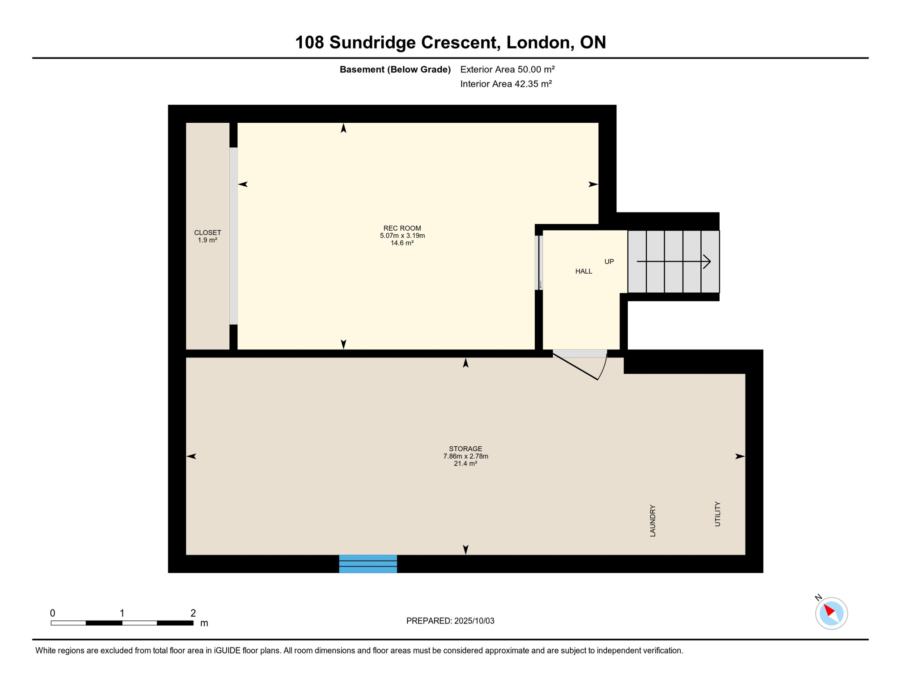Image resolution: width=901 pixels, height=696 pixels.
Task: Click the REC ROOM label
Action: pos(402,228)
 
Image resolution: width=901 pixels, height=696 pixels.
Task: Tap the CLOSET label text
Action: pos(208,233)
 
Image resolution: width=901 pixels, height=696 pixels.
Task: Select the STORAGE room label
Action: pos(465,449)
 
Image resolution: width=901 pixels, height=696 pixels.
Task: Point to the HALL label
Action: pos(584,271)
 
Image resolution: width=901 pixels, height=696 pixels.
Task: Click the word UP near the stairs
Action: pos(609,262)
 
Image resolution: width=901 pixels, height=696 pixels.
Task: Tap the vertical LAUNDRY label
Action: pos(653,521)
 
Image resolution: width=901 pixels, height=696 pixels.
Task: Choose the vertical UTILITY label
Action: pos(717,514)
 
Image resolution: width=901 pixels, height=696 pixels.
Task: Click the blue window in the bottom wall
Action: pos(368,564)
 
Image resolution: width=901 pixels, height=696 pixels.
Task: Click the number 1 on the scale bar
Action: pos(122,613)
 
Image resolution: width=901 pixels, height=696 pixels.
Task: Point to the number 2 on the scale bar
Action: pos(193,613)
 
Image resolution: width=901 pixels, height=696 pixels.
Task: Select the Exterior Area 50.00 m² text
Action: pos(507,69)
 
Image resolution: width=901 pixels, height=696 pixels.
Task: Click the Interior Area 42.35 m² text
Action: pos(506,84)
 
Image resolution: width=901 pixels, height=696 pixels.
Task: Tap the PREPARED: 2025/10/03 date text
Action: pos(450,621)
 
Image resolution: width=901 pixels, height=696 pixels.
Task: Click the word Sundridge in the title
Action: pos(372,43)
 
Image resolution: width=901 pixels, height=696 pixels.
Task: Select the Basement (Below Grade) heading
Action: pos(395,69)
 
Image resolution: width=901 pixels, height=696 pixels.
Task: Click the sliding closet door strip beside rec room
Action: pos(233,236)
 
